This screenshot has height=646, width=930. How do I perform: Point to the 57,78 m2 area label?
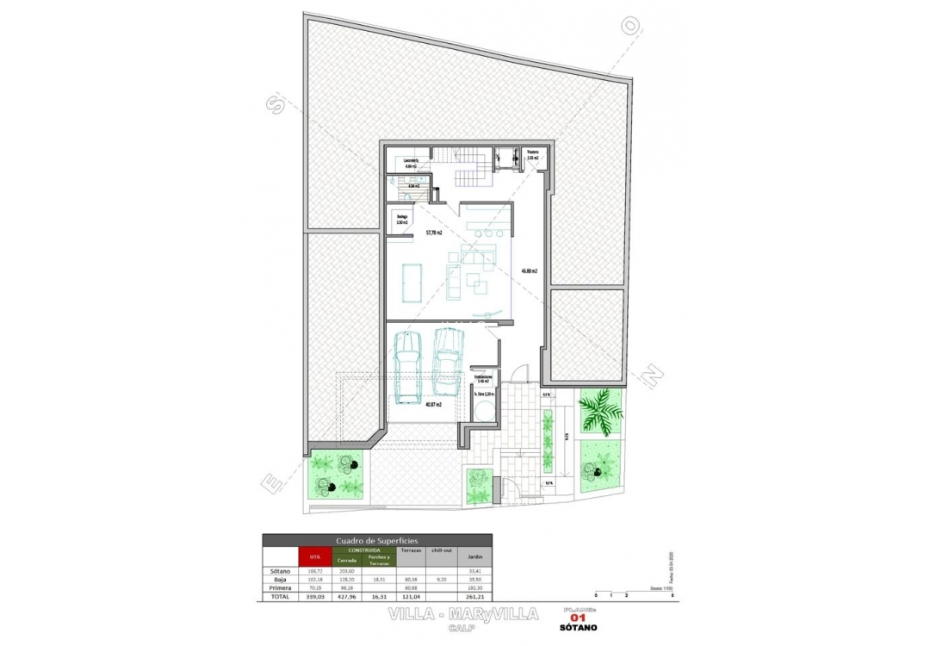coord(434,233)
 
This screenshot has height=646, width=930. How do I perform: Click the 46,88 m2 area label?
coord(528,270)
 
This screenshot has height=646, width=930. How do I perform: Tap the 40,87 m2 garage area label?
coord(433,404)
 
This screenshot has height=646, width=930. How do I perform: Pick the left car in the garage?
coord(407,364)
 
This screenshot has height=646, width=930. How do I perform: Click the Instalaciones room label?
coord(483,378)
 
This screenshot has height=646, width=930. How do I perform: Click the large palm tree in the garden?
coord(600,409)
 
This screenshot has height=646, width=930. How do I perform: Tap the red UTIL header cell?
coord(314,557)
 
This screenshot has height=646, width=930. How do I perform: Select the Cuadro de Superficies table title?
coord(377,540)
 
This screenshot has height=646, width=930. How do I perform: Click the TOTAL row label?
coord(281,595)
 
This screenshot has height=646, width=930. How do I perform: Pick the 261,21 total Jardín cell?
coord(473,595)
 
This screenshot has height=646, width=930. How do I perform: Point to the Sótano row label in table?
coord(281,571)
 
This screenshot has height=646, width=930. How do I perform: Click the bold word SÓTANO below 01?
coord(578,627)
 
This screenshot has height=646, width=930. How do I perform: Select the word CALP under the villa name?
coord(463,628)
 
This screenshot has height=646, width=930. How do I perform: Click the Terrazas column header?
coord(412,549)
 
